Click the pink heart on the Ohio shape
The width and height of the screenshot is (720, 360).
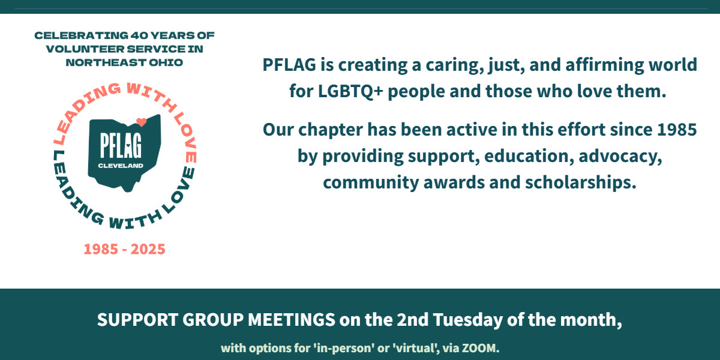pos(141,122)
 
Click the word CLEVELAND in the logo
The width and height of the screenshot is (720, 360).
pos(121,164)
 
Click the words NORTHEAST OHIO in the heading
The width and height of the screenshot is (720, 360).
pos(124,62)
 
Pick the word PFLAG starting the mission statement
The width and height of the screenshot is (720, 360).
pos(287,64)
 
